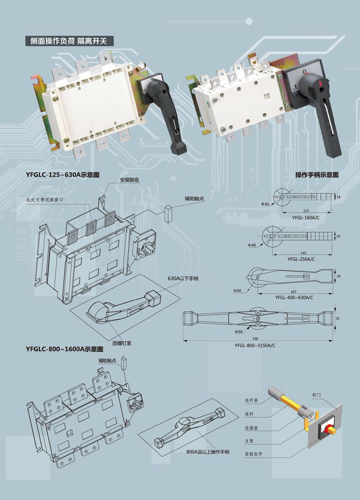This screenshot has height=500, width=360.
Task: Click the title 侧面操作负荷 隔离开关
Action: coord(68,41)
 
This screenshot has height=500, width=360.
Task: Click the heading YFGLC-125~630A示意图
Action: coord(63,175)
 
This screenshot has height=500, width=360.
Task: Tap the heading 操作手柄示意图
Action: coord(317,175)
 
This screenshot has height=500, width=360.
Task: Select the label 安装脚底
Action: coord(130,180)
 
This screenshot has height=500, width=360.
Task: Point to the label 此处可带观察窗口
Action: coord(45,200)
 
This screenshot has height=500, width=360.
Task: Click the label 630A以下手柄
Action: coord(183,278)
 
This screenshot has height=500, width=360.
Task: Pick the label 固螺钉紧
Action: coord(121,343)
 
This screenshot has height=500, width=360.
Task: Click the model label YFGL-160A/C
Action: coord(306,218)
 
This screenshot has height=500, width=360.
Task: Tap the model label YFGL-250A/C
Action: coord(301,259)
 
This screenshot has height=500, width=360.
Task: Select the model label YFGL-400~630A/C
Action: coord(294,298)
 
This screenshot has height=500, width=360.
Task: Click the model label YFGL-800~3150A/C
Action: coord(255,345)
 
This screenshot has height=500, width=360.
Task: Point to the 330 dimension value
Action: coord(255,339)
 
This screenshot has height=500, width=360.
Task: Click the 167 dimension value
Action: coord(293,291)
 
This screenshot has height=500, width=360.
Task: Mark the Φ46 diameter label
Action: coord(252,246)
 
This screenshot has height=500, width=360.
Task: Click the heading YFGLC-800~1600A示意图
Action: coord(64,349)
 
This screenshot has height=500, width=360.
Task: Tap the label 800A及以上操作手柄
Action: coord(208,452)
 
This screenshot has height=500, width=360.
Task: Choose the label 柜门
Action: coord(316,395)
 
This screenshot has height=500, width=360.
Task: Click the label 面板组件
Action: coord(253,454)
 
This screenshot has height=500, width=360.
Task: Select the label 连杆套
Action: coord(251,400)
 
